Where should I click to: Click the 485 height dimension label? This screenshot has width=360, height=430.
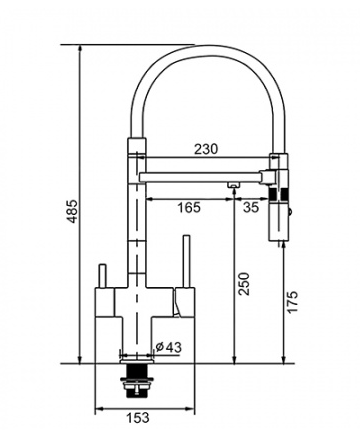pos(72,211)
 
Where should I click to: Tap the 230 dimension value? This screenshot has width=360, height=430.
pos(206,149)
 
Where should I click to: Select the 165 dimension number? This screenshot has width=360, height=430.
pos(189,207)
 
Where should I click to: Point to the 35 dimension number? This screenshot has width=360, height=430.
pos(251,207)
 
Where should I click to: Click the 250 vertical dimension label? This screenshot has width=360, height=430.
pos(244,284)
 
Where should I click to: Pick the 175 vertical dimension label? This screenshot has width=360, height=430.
pos(292,302)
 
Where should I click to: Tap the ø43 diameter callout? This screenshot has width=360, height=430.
pos(169,347)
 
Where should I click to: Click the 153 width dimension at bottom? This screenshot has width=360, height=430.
pos(138,417)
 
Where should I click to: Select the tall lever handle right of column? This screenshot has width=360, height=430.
pos(186,262)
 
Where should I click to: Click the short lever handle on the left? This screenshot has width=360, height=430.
pos(102,276)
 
